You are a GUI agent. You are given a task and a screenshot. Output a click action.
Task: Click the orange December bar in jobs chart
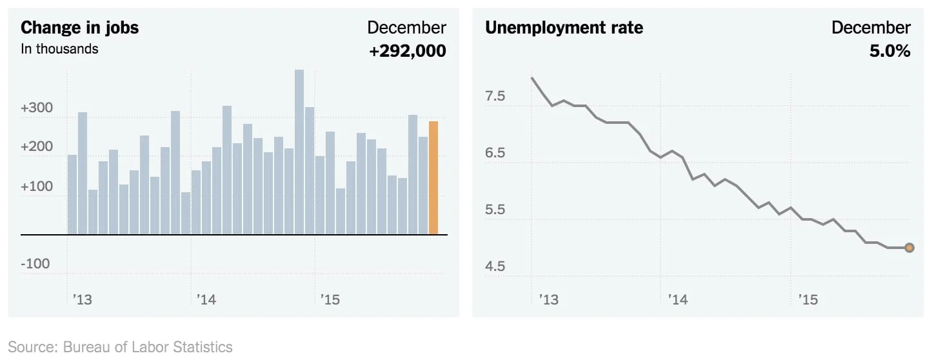tap(433, 178)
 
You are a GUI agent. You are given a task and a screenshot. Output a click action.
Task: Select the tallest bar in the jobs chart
tap(299, 152)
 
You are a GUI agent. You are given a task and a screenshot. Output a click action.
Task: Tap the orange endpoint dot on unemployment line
tap(909, 248)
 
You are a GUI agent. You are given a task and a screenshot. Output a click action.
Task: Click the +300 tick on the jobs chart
tap(37, 108)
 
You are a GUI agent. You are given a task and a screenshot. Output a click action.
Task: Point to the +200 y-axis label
tap(37, 147)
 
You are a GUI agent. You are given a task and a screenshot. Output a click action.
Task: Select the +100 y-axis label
tap(37, 186)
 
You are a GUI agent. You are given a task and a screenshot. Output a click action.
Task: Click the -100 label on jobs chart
tap(35, 264)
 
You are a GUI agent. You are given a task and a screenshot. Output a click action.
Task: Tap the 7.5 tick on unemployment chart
tap(495, 97)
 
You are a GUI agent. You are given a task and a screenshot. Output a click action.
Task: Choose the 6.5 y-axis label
tap(495, 154)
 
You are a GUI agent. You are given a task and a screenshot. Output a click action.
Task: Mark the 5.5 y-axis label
tap(495, 210)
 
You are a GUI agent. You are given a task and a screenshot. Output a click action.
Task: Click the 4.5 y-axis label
tap(495, 266)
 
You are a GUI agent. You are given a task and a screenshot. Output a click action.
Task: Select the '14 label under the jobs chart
tap(206, 299)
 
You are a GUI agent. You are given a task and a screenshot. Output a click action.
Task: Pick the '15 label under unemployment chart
tap(808, 299)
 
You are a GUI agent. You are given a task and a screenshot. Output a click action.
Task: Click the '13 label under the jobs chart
tap(83, 299)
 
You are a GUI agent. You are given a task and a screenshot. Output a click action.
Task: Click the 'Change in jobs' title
tap(79, 28)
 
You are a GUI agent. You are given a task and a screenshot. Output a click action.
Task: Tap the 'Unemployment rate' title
tap(564, 28)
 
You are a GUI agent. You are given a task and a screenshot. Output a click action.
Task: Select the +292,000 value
tap(407, 51)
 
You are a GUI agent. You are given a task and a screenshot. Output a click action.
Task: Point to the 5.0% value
tap(889, 51)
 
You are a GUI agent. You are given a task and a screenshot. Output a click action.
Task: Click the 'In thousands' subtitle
tap(59, 49)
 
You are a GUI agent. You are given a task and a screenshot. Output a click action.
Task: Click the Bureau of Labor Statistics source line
tap(120, 347)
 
